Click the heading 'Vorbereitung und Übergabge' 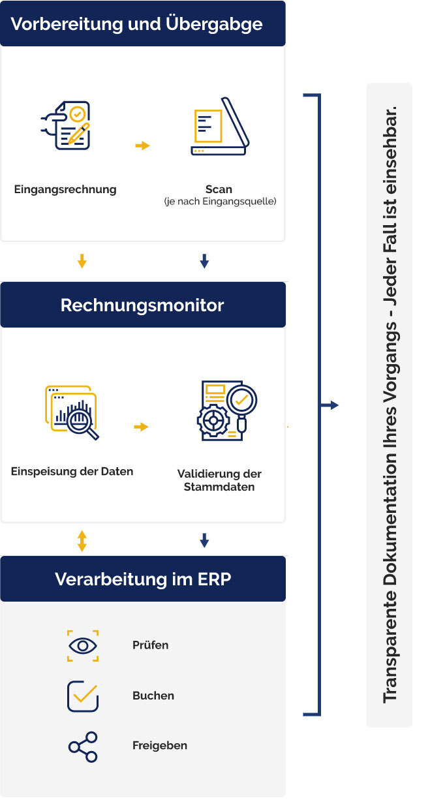[x=136, y=25]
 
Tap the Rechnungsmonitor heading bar [x=143, y=305]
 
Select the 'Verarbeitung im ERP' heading [x=143, y=579]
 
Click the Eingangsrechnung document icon [x=66, y=125]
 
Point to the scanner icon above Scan [x=220, y=126]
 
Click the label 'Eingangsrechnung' [x=65, y=189]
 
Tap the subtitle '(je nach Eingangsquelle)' [x=220, y=202]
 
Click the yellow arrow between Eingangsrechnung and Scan [x=142, y=146]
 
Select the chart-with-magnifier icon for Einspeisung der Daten [x=72, y=413]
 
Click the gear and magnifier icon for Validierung [x=227, y=410]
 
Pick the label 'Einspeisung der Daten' [x=72, y=471]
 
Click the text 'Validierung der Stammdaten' [x=219, y=480]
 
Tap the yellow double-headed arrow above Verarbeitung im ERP [x=82, y=541]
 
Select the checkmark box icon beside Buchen [x=83, y=696]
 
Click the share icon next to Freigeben [x=83, y=746]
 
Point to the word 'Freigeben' [x=160, y=746]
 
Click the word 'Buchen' [x=153, y=696]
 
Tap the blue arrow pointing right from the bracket [x=330, y=405]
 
